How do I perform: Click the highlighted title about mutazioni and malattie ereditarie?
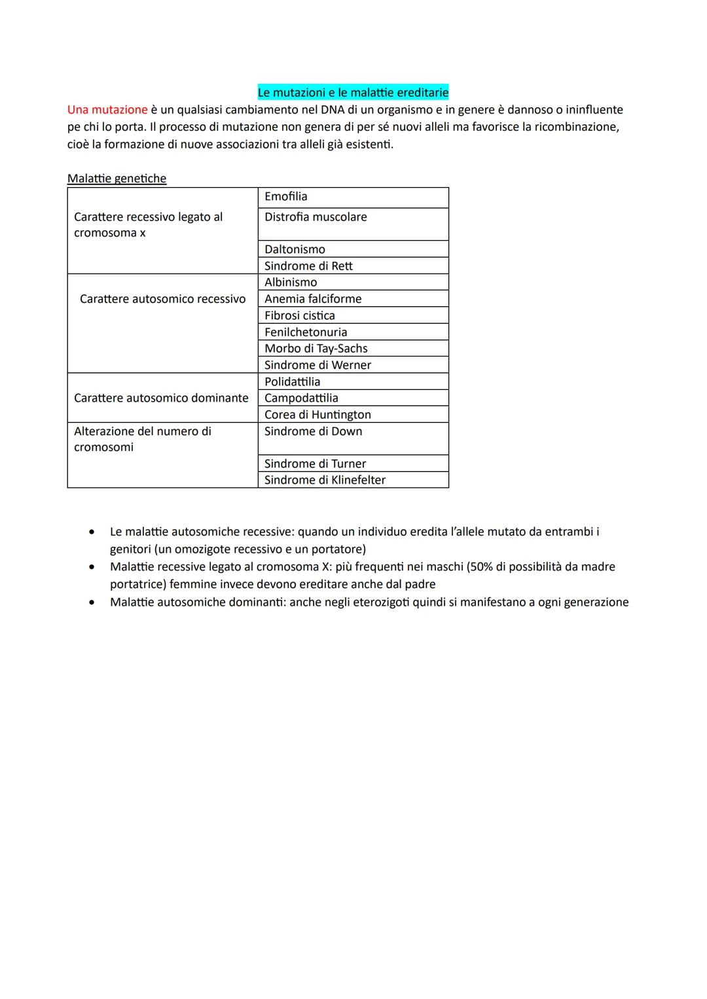tap(353, 92)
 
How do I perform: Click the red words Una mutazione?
tap(107, 110)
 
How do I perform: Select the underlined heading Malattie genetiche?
tap(117, 179)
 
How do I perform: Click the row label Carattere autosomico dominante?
tap(161, 398)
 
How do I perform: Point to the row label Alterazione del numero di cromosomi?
tap(142, 439)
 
